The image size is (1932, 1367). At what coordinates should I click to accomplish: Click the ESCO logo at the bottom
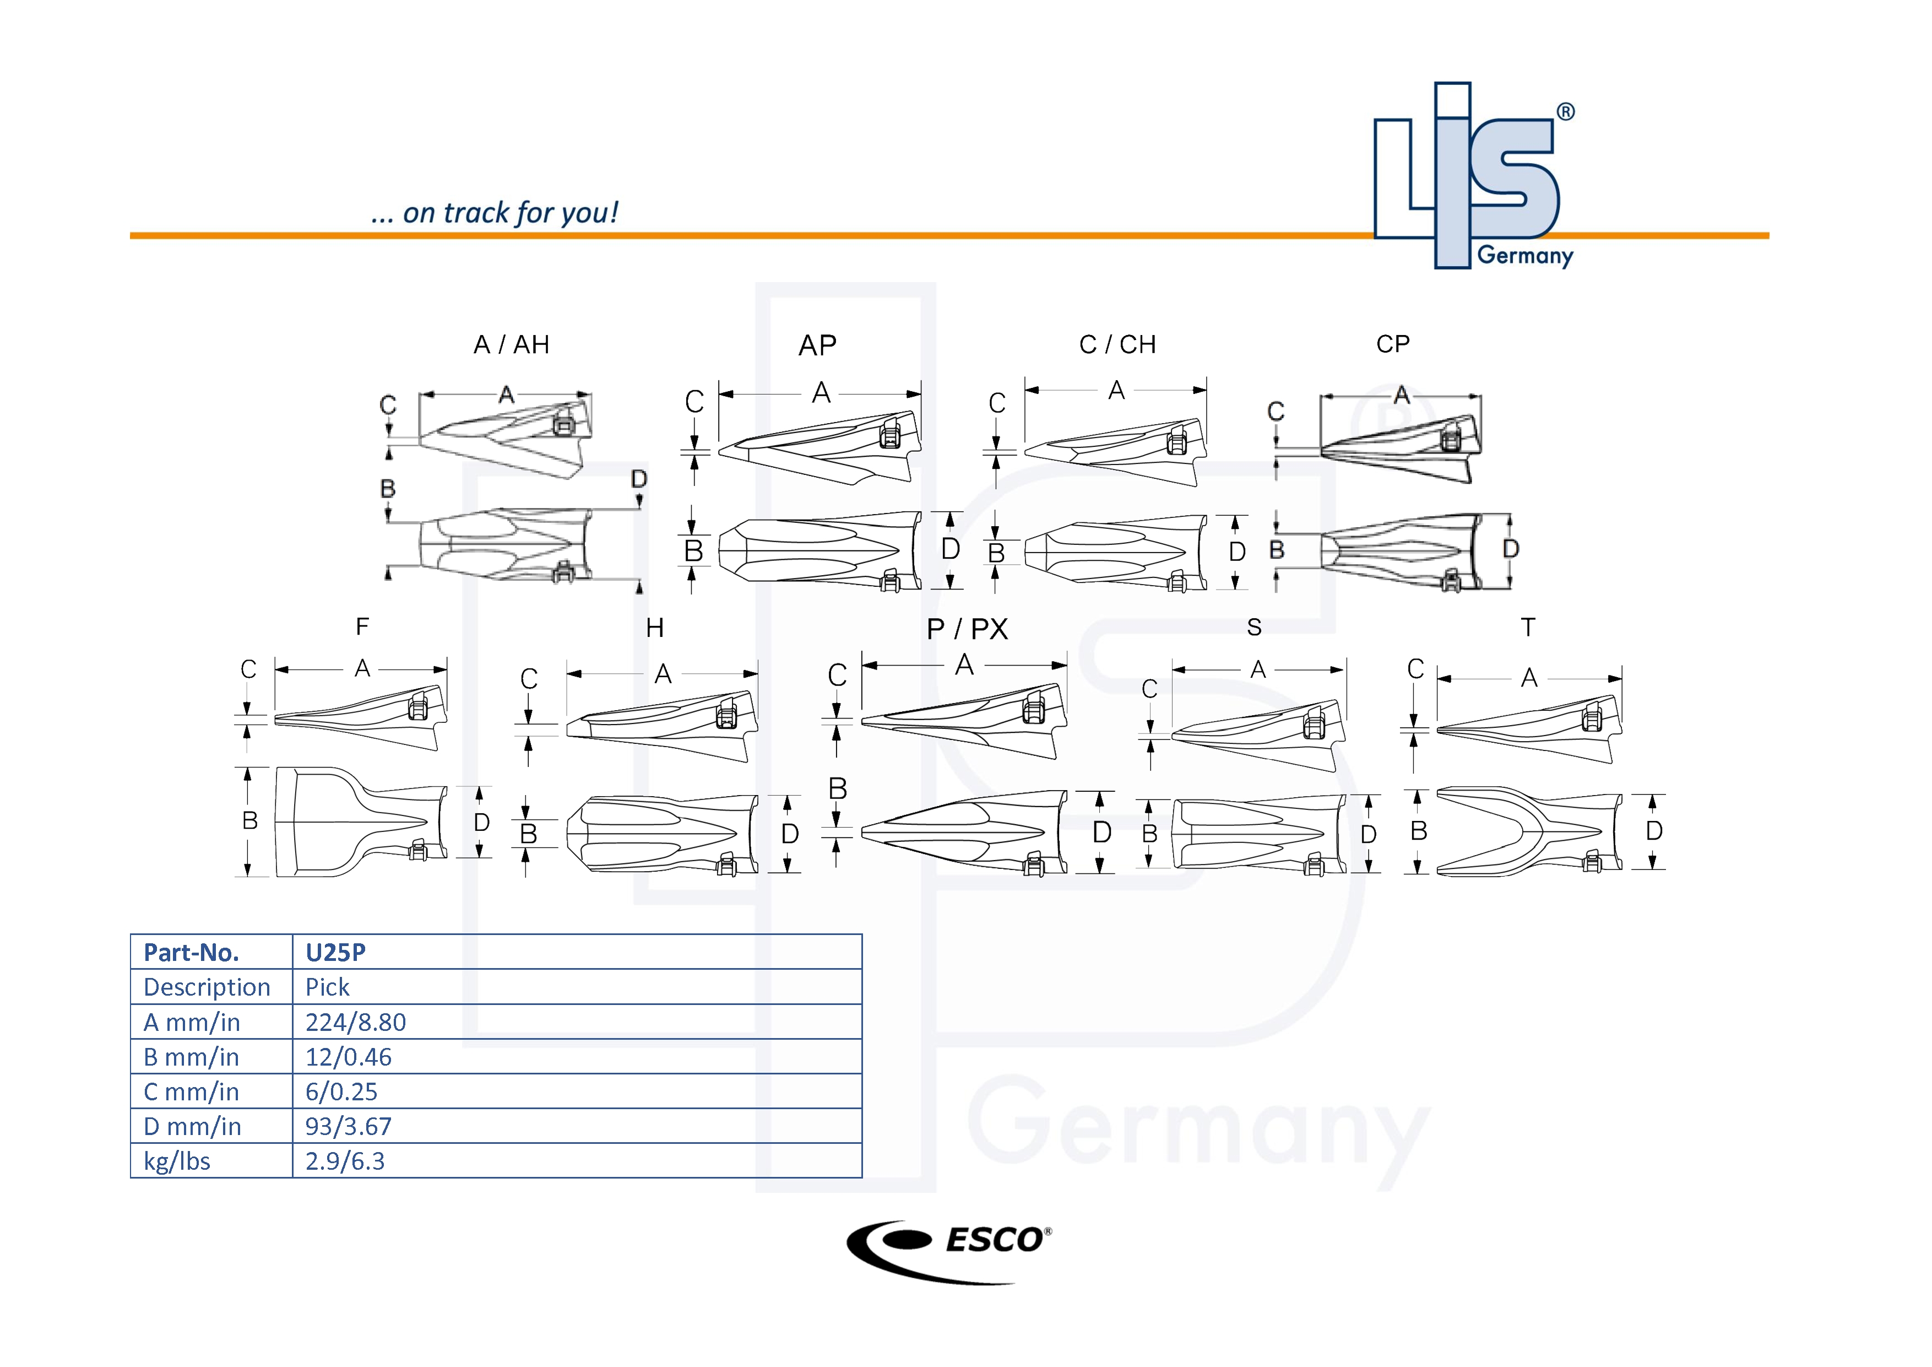[x=949, y=1251]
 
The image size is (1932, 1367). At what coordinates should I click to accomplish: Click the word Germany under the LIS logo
[x=1525, y=255]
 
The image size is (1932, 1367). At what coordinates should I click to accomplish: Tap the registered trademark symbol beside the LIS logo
[x=1565, y=112]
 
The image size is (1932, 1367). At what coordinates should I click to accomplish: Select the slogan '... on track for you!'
[x=495, y=213]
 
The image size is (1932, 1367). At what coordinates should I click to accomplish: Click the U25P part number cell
[x=336, y=952]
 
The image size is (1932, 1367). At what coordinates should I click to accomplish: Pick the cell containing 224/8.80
[x=356, y=1022]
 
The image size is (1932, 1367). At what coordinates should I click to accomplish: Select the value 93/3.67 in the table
[x=349, y=1126]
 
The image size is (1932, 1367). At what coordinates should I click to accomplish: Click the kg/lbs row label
[x=177, y=1161]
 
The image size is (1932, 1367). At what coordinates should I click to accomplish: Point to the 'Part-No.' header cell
[x=192, y=952]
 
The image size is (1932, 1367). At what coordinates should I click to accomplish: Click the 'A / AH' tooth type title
[x=512, y=344]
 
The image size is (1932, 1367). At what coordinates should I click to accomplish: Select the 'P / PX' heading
[x=967, y=629]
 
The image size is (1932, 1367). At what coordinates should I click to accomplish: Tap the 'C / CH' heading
[x=1117, y=344]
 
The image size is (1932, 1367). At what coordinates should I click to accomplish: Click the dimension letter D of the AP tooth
[x=951, y=549]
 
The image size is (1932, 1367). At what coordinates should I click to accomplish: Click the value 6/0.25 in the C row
[x=341, y=1092]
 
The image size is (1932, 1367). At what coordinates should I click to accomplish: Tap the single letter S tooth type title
[x=1254, y=627]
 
